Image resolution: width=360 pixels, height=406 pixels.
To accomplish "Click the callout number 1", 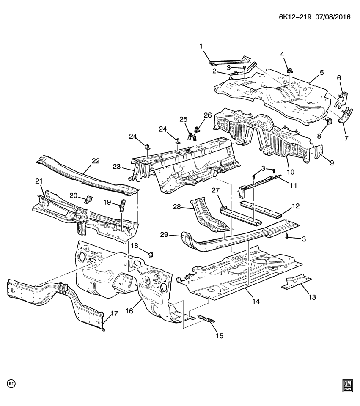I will point(201,46).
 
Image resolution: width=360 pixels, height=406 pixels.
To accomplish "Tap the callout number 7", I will point(346,138).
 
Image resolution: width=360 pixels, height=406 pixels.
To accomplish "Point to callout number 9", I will point(332,162).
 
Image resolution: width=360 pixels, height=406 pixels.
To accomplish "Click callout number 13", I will point(312,298).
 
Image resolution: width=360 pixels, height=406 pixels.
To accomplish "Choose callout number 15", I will point(219,336).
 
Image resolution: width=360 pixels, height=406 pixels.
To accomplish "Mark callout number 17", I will point(113,313).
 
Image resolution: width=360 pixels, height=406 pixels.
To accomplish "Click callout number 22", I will point(96,161).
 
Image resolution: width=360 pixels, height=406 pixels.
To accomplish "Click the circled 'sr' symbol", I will point(11,384).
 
